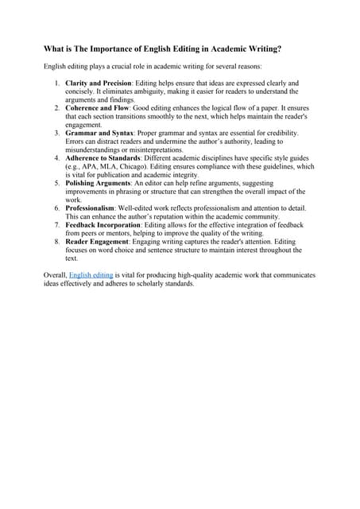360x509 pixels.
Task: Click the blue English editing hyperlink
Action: (91, 274)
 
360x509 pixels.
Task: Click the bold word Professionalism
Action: (90, 208)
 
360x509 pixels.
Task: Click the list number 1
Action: (57, 83)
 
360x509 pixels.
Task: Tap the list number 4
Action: (57, 157)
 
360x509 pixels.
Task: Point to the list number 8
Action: (57, 241)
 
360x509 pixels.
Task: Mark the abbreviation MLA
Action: (105, 166)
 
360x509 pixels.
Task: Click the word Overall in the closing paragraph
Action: (55, 274)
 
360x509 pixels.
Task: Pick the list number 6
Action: (57, 208)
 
